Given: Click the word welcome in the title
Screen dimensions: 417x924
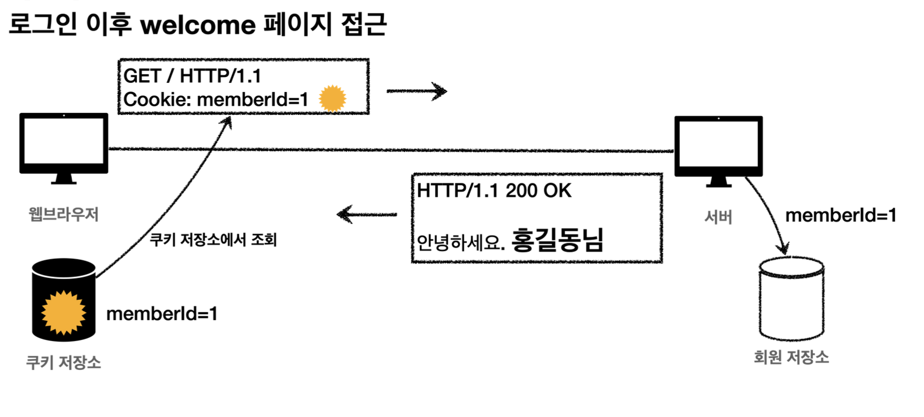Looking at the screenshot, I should [198, 25].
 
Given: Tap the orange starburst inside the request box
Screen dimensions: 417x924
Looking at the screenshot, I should [332, 98].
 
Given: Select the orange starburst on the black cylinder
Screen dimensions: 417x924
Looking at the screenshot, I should [64, 312].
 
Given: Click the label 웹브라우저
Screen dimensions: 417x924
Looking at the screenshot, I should [64, 214].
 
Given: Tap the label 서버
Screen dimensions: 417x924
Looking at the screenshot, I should [718, 217].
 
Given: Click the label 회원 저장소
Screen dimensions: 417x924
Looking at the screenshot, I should [791, 357].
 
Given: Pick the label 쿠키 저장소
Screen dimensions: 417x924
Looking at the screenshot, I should [64, 362].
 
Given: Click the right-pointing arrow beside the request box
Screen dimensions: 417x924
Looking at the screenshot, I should [417, 91].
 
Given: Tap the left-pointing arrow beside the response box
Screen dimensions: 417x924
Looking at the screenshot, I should [366, 214].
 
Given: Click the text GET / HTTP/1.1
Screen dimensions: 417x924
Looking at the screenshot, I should [192, 76].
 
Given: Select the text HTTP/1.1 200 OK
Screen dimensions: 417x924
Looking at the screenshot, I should [494, 190].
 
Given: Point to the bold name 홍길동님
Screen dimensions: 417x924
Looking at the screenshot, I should [557, 240].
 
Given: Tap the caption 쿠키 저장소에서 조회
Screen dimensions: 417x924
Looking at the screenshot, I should [213, 240].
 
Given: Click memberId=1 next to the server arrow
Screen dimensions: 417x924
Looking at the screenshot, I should [840, 215].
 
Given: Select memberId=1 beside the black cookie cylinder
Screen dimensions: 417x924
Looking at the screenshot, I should [162, 313].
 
